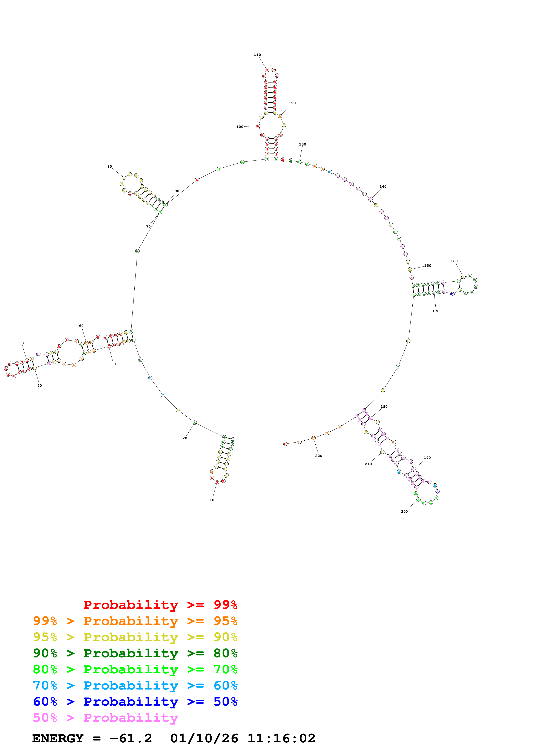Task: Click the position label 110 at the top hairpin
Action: point(257,55)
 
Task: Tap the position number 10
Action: point(212,500)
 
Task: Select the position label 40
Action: point(39,386)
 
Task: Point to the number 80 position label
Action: point(110,167)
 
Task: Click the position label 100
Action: point(240,127)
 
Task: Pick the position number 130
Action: point(303,144)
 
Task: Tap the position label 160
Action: point(454,261)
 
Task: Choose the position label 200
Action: point(404,511)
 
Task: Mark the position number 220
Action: point(319,456)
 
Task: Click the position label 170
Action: point(436,311)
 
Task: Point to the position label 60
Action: point(81,326)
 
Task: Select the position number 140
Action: point(383,187)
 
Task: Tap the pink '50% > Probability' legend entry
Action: point(105,718)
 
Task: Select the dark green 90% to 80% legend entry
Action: point(135,653)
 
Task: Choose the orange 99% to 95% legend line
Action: point(135,621)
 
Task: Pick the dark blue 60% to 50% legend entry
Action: point(135,702)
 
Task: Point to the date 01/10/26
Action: point(204,739)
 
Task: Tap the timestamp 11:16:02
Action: point(281,739)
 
